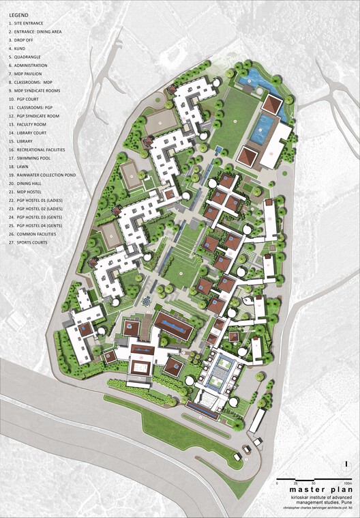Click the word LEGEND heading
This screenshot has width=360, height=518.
[18, 14]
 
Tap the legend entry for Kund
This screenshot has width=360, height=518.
[19, 49]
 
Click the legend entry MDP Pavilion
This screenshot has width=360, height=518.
[29, 74]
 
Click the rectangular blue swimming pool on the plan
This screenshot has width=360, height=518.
[263, 128]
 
